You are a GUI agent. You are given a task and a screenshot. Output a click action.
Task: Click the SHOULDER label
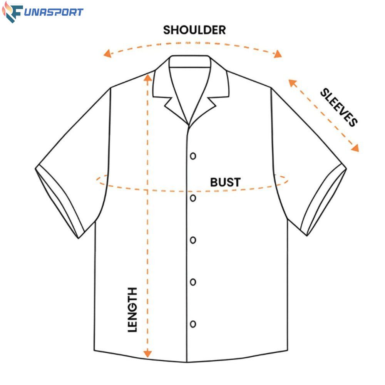(x=194, y=30)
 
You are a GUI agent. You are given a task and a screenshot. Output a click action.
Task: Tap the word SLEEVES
(x=339, y=107)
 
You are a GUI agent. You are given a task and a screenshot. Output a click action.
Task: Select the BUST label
(x=225, y=182)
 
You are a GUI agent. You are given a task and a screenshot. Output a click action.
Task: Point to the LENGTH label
(x=132, y=310)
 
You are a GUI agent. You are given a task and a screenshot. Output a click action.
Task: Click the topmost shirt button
(x=193, y=156)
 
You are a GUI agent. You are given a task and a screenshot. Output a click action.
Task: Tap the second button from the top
(x=193, y=198)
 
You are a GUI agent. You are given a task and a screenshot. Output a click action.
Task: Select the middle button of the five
(x=193, y=240)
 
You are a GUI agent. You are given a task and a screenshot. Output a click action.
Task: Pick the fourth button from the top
(x=193, y=282)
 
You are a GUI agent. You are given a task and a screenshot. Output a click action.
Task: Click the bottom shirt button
(x=193, y=323)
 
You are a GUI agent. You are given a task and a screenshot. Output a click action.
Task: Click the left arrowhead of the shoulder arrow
(x=108, y=54)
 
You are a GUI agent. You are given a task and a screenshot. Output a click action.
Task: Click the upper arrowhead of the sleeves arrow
(x=291, y=82)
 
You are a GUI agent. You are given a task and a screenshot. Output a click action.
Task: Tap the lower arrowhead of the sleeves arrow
(x=355, y=148)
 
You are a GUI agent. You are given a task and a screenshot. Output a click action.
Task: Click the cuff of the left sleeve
(x=60, y=202)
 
